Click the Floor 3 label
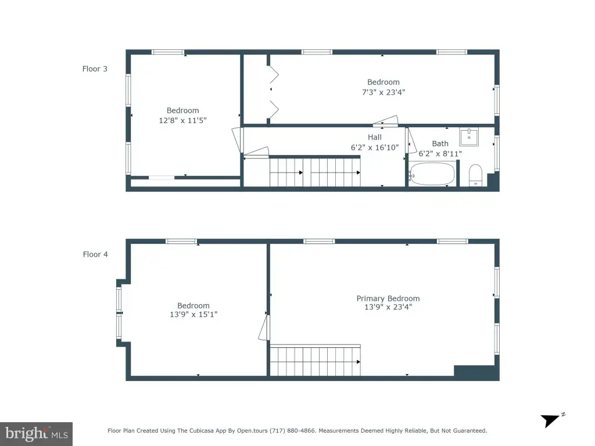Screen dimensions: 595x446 click(95, 69)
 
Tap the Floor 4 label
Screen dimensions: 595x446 click(95, 254)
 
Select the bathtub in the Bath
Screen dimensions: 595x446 click(432, 174)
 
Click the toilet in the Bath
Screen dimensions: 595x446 click(475, 175)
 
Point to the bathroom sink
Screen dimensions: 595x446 click(469, 137)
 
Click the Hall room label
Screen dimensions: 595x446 click(375, 137)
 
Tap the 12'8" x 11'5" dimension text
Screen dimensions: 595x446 click(182, 120)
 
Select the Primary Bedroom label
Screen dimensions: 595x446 click(388, 298)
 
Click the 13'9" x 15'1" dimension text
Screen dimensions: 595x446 click(193, 314)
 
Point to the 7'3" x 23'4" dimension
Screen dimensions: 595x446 click(383, 92)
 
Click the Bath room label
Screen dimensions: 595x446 click(440, 144)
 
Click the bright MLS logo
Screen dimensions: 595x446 click(36, 433)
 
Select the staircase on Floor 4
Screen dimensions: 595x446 click(315, 360)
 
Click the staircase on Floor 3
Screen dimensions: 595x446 click(315, 171)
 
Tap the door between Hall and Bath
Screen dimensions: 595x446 click(411, 141)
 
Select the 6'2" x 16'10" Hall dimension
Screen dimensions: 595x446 click(375, 148)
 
